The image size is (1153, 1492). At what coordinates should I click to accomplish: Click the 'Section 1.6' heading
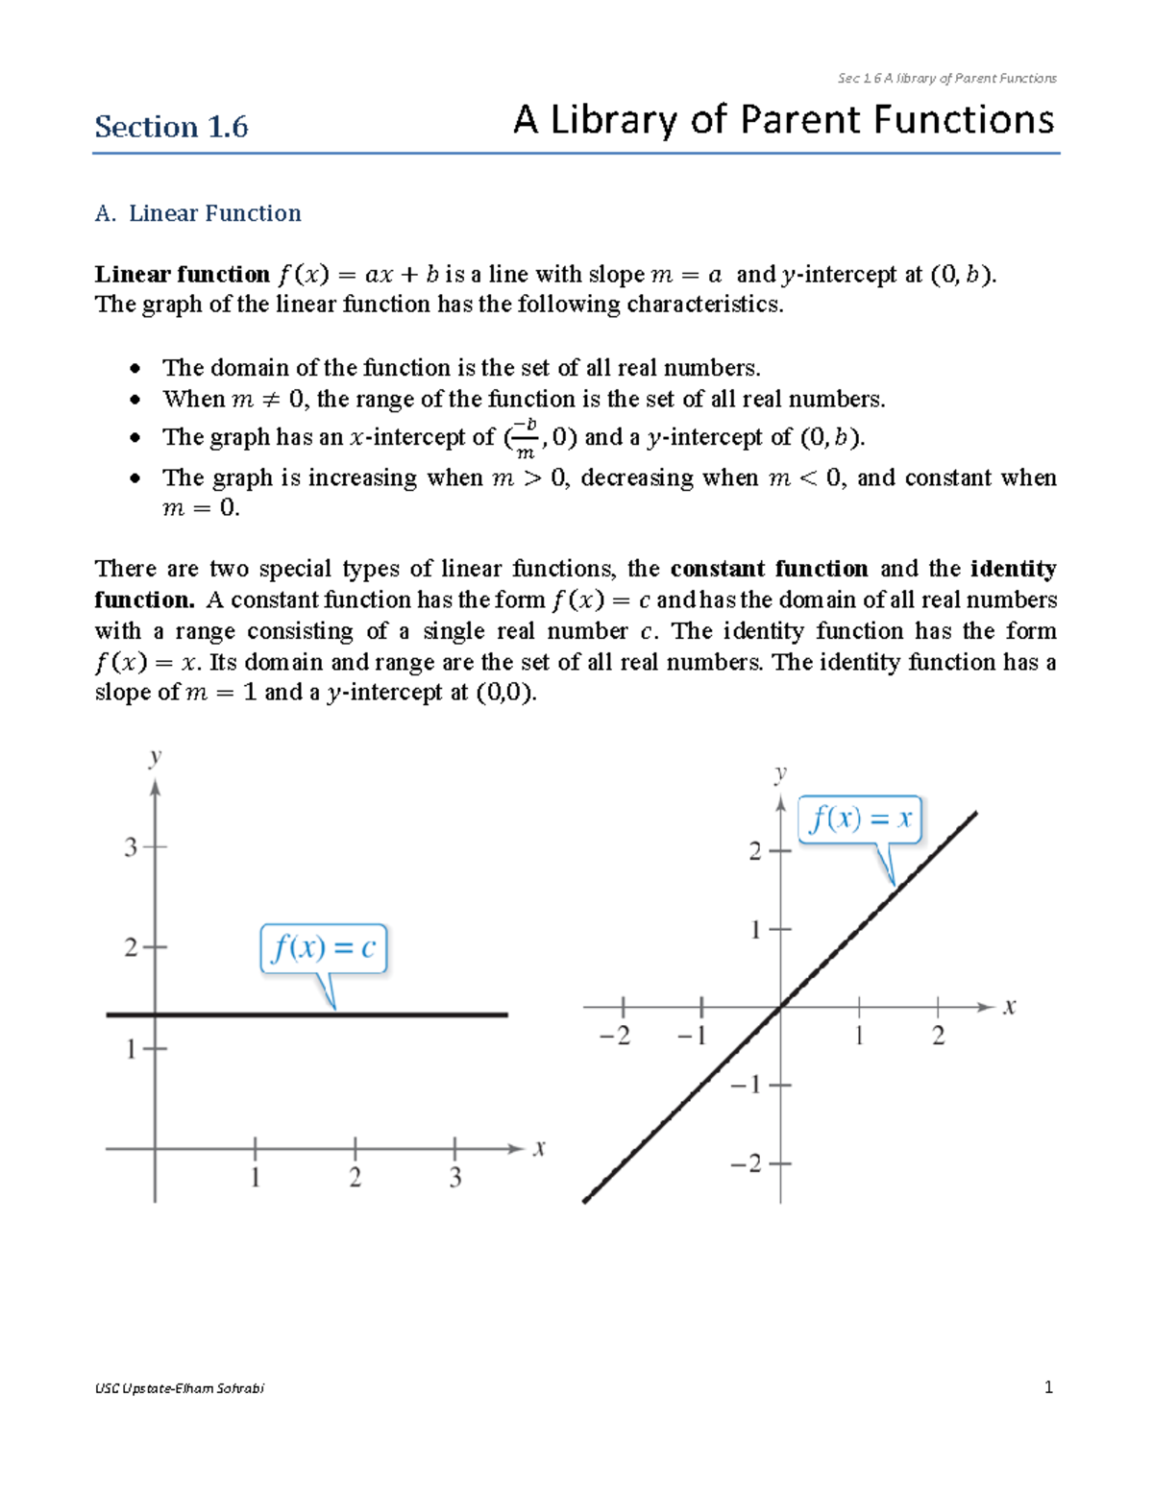(x=171, y=127)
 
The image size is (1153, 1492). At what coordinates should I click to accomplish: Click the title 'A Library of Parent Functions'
(x=783, y=121)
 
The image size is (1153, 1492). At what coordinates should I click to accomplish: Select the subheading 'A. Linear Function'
(x=198, y=213)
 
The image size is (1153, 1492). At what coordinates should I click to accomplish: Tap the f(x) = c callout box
(x=324, y=949)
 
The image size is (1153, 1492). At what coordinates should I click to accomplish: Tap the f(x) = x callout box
(x=860, y=819)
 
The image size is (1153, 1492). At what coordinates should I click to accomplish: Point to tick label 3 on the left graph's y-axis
(x=131, y=847)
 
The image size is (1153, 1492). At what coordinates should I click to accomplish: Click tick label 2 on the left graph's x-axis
(x=356, y=1178)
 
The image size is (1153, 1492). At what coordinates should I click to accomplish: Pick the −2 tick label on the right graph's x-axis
(x=615, y=1036)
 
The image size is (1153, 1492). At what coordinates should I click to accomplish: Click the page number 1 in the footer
(x=1048, y=1387)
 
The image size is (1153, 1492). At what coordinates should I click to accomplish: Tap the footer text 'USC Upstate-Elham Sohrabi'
(x=180, y=1388)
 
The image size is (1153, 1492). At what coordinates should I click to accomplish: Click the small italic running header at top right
(x=946, y=79)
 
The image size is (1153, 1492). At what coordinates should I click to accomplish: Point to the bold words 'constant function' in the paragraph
(x=769, y=569)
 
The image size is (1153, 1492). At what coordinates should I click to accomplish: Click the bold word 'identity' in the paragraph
(x=1014, y=569)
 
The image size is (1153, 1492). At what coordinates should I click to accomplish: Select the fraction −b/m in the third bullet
(x=525, y=438)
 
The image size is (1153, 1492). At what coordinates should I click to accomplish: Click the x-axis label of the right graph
(x=1010, y=1007)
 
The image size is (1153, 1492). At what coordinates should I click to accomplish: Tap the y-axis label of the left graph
(x=155, y=758)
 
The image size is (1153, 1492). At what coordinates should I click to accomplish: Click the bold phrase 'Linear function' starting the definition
(x=183, y=275)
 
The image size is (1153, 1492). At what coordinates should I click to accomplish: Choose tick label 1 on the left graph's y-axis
(x=131, y=1049)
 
